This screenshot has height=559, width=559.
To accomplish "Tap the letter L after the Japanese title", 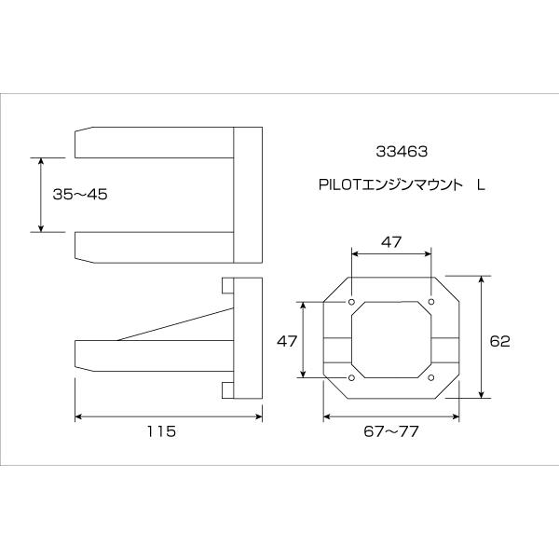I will (x=481, y=185).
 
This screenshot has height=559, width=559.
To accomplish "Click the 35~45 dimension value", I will (x=81, y=195).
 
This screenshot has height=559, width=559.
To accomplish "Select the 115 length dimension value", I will (x=161, y=432).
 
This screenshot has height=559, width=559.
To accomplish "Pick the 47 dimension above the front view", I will (x=391, y=241).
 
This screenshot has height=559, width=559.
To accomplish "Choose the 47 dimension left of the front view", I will (x=287, y=341).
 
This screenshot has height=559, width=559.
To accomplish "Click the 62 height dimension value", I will (x=499, y=341).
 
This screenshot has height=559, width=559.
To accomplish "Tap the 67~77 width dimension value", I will (x=391, y=432).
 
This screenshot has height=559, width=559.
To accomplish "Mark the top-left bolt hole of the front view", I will (x=350, y=303).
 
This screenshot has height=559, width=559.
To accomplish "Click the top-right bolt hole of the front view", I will (x=432, y=303).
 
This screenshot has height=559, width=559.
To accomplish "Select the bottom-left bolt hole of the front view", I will (x=350, y=377).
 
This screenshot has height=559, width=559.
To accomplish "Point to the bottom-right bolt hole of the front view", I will (x=432, y=377).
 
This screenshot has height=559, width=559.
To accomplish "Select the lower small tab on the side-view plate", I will (x=226, y=389).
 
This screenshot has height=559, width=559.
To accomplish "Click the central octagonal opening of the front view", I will (x=391, y=340).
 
